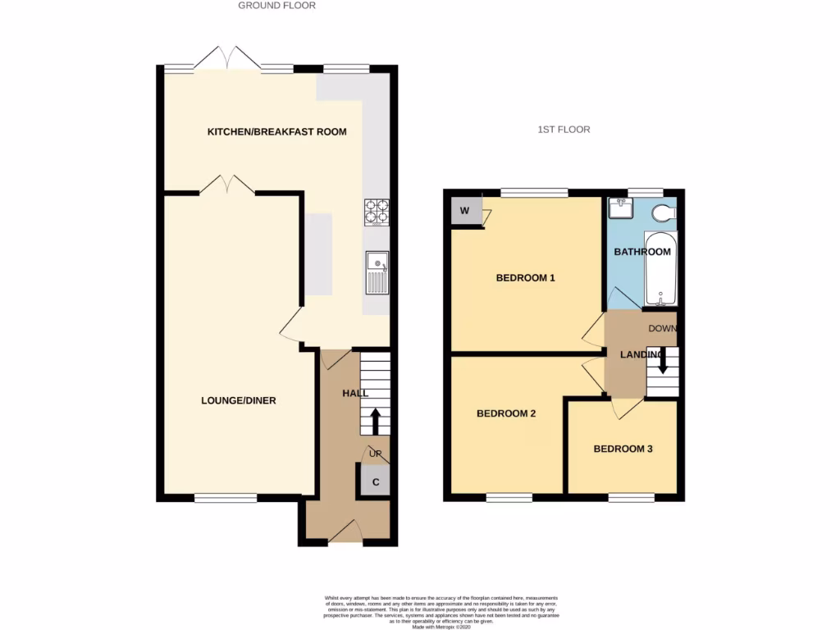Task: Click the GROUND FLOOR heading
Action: [x=276, y=5]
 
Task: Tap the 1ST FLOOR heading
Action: [x=564, y=130]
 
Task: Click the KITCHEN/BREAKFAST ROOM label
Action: [x=276, y=132]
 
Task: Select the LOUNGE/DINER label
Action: [x=238, y=401]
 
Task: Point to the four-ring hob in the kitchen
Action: [x=377, y=212]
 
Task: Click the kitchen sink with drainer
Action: [x=378, y=273]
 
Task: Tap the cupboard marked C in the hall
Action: [x=375, y=482]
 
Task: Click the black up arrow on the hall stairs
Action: [x=376, y=421]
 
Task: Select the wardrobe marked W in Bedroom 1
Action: [x=464, y=211]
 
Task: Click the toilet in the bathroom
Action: [x=663, y=213]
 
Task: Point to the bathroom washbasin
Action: [x=619, y=209]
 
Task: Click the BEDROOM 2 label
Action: [x=506, y=413]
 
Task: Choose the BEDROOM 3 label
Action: [x=623, y=449]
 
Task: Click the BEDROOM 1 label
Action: [x=526, y=278]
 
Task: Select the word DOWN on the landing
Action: [x=662, y=329]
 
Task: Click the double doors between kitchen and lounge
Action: [x=227, y=185]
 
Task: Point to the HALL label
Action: [x=355, y=394]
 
